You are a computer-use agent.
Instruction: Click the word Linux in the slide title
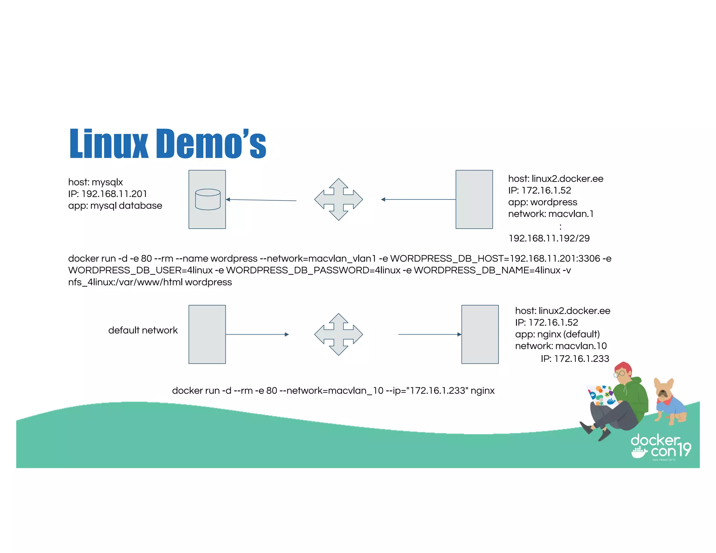[x=109, y=144]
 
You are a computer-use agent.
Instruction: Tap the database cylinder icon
[x=208, y=199]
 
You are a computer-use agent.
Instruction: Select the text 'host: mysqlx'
[x=95, y=182]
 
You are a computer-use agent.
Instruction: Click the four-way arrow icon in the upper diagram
[x=338, y=199]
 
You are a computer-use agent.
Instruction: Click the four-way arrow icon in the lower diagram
[x=338, y=334]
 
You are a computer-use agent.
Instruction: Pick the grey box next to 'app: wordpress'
[x=474, y=199]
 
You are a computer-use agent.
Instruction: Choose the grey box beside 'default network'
[x=207, y=334]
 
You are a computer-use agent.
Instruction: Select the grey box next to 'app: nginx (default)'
[x=480, y=334]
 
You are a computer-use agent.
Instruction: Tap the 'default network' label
[x=143, y=330]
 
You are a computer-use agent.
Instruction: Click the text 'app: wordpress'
[x=542, y=202]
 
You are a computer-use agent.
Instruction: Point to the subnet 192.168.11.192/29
[x=549, y=238]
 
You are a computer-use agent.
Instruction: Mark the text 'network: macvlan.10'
[x=561, y=346]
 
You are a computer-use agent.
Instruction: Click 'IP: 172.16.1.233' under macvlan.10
[x=575, y=358]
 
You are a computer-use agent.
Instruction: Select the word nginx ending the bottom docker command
[x=482, y=390]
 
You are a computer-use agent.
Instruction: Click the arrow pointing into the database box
[x=261, y=200]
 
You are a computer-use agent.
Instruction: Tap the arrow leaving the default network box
[x=257, y=334]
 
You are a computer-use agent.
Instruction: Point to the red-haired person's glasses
[x=619, y=374]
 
